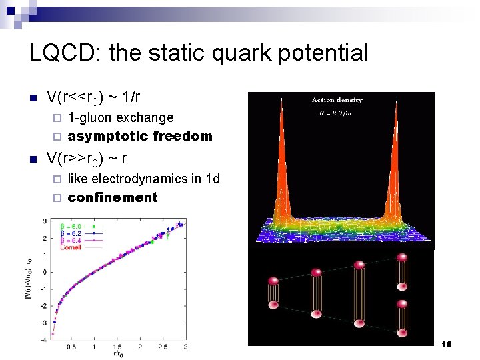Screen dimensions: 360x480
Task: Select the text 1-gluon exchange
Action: coord(121,117)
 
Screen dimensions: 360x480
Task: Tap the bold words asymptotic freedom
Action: coord(140,136)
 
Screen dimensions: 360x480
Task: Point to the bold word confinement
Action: coord(113,197)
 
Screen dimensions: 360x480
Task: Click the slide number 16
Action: coord(446,344)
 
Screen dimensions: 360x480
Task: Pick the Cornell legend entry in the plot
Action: coord(71,247)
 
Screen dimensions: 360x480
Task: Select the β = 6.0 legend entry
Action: coord(73,227)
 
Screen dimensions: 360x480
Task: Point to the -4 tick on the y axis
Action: coord(44,339)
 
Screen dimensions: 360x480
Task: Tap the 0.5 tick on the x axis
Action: coord(71,347)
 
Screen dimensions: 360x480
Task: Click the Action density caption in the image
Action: coord(337,100)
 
